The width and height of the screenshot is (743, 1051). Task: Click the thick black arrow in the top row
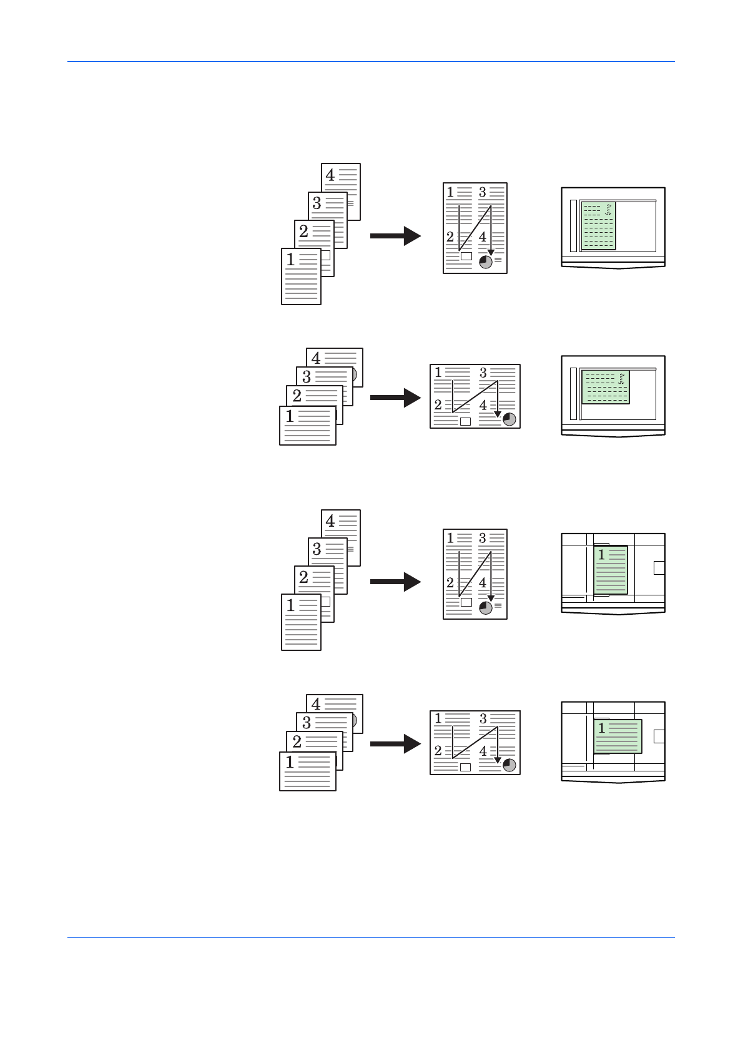click(x=395, y=235)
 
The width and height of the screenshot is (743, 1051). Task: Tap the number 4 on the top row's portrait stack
click(x=330, y=175)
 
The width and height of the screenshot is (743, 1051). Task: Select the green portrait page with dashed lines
click(x=598, y=225)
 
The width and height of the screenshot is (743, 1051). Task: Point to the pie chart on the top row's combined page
click(x=486, y=262)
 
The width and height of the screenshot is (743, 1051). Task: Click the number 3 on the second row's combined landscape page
click(x=483, y=373)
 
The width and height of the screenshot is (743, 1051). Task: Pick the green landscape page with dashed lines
click(x=605, y=387)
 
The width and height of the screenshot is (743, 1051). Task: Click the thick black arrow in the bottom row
click(x=395, y=743)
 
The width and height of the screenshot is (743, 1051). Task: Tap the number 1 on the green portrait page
click(x=601, y=555)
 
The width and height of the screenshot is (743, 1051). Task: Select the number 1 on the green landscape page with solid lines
click(x=601, y=728)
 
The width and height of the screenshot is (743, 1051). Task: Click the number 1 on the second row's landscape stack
click(x=290, y=416)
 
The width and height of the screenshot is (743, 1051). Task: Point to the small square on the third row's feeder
click(x=659, y=567)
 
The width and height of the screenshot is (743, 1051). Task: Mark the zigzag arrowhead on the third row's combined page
click(x=491, y=599)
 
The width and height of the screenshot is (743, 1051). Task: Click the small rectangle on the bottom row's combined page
click(x=465, y=767)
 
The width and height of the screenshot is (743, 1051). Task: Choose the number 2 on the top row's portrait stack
click(x=303, y=232)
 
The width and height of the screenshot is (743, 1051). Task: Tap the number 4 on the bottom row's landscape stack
click(x=316, y=705)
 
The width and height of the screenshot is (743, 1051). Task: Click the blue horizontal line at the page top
click(x=371, y=62)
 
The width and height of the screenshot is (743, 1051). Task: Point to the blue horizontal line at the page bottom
click(x=371, y=937)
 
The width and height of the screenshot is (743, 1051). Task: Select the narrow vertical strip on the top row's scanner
click(x=573, y=225)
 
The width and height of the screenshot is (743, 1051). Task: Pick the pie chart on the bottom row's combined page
click(x=509, y=765)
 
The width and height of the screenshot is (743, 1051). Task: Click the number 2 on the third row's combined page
click(x=450, y=583)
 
